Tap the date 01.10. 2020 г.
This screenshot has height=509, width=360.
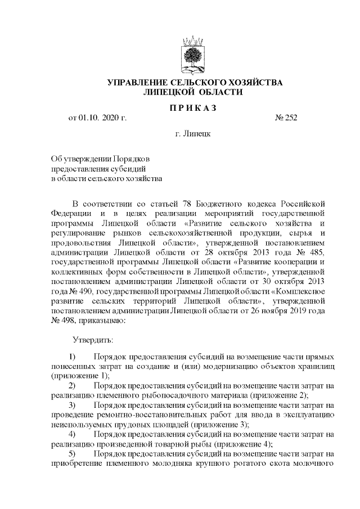pyautogui.click(x=104, y=118)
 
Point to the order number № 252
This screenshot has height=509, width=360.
pyautogui.click(x=286, y=118)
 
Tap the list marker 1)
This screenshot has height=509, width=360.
pyautogui.click(x=73, y=357)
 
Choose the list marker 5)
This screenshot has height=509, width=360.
pyautogui.click(x=73, y=454)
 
